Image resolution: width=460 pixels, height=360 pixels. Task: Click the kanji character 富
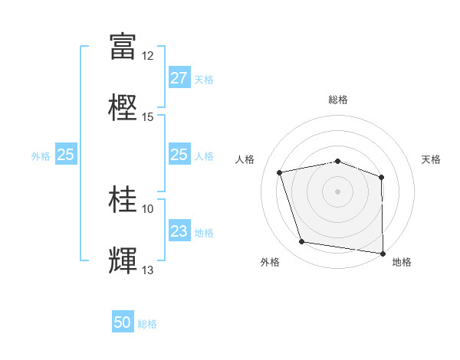click(123, 45)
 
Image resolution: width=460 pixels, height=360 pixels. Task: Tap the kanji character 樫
click(123, 106)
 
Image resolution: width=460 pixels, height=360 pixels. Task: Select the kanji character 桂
click(123, 199)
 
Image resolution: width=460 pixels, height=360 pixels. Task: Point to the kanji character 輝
click(123, 260)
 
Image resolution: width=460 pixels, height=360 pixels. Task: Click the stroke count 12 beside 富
click(148, 56)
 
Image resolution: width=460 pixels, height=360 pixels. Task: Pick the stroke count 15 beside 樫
click(148, 117)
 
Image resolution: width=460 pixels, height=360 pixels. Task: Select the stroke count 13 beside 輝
click(148, 270)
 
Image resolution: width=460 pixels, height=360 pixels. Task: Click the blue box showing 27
click(179, 78)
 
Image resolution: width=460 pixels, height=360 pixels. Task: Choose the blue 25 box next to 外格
click(65, 155)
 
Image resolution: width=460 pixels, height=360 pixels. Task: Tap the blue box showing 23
click(179, 231)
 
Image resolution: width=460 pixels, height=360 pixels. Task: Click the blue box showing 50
click(123, 322)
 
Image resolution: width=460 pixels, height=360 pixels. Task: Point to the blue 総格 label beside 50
click(148, 324)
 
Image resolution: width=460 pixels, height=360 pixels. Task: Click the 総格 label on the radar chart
click(338, 100)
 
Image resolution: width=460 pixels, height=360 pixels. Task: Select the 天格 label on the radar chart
click(432, 160)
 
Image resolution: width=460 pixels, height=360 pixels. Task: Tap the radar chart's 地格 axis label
click(402, 263)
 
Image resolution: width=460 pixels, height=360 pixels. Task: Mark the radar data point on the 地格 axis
click(383, 253)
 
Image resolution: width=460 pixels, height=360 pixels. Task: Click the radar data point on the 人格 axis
click(280, 172)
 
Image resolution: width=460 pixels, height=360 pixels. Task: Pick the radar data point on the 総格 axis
click(338, 161)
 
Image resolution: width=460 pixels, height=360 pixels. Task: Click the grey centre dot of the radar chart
click(338, 191)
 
